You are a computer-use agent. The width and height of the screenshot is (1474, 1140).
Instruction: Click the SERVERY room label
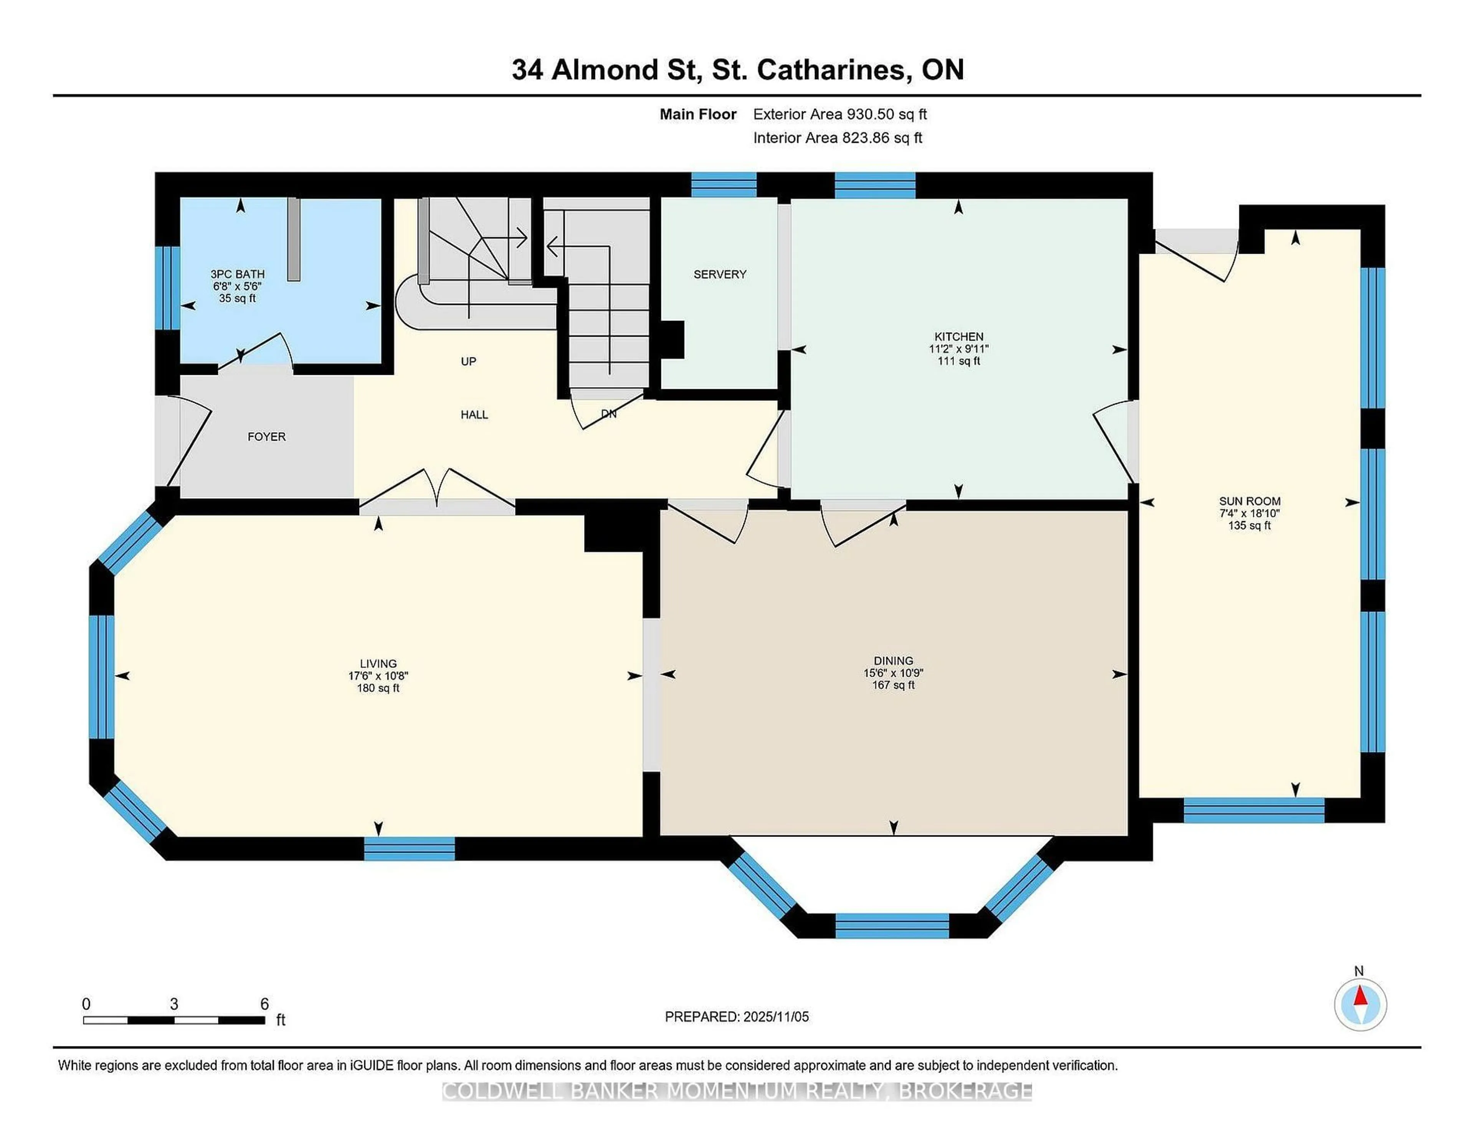719,274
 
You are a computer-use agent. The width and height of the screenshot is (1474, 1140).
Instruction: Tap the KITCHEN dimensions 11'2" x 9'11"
958,349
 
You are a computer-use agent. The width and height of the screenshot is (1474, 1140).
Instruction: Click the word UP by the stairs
468,361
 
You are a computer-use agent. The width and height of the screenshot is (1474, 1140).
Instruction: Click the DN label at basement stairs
608,414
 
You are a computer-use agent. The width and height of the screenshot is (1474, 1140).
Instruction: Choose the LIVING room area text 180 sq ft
378,688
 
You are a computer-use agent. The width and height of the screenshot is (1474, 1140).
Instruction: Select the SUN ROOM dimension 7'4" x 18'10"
1249,513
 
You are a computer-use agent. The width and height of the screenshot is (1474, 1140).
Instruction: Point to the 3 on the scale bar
174,1004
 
